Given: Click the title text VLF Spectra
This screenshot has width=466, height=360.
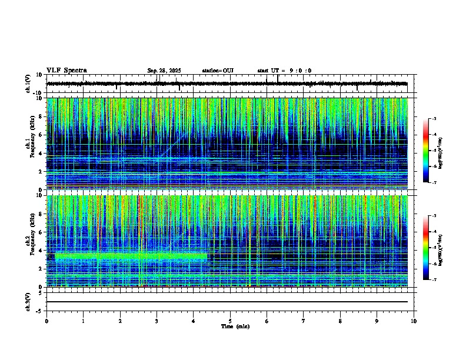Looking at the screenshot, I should pos(66,71).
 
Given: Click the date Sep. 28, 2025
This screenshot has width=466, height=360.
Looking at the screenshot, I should pos(164,71).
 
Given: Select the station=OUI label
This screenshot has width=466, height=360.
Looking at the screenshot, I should pos(218,71).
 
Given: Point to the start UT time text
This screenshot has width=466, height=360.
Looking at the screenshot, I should pos(284,71).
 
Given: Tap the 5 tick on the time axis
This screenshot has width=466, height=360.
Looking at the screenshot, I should pos(231,321).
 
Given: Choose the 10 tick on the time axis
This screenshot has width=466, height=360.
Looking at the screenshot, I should pos(414,321).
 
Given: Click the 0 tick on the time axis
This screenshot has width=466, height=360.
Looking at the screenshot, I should pos(46,321).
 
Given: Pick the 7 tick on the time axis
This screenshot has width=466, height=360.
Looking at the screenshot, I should pos(304,321).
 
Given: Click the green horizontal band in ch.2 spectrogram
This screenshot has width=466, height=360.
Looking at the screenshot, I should pos(129,256).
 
